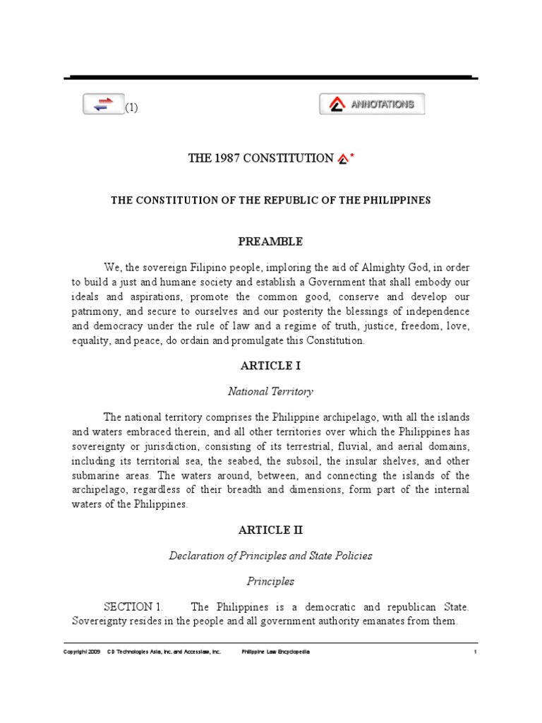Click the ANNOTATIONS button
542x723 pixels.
[x=372, y=104]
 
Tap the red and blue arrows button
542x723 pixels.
[x=104, y=104]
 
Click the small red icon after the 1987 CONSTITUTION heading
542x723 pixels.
[x=342, y=159]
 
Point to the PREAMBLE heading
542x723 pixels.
[x=270, y=241]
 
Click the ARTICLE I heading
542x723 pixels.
[x=270, y=366]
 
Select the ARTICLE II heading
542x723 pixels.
[x=270, y=530]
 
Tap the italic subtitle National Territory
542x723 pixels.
[x=270, y=390]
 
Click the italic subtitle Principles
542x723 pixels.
[x=270, y=581]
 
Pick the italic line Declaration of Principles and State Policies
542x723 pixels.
[x=270, y=556]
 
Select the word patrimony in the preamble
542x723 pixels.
[x=97, y=312]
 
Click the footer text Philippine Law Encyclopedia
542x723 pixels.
[x=275, y=652]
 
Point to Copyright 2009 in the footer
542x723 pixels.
[x=82, y=652]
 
